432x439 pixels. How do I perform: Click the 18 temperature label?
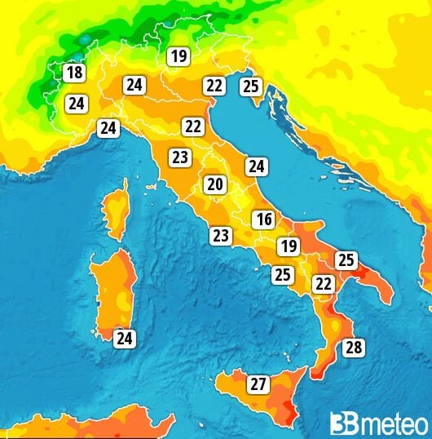(74, 73)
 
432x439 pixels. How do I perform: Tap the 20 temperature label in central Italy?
(214, 184)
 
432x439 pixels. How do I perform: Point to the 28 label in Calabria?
(353, 348)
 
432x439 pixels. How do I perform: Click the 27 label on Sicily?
(258, 384)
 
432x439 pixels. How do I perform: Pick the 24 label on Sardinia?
(125, 338)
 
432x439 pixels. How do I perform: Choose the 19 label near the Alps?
(178, 56)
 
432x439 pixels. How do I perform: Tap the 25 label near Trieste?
(251, 85)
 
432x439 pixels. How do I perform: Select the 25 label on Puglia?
(346, 260)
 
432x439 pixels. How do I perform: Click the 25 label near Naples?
(283, 275)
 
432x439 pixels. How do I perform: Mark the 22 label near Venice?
(214, 85)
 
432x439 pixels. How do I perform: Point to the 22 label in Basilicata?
(323, 284)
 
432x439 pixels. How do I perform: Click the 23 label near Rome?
(220, 236)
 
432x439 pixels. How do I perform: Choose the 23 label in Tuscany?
(179, 157)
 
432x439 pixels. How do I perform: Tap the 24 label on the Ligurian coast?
(108, 127)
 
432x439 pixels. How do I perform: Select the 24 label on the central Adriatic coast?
(257, 166)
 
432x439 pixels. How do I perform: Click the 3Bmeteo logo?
(378, 423)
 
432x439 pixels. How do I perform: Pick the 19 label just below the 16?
(288, 246)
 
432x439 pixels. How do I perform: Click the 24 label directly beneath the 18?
(77, 104)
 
